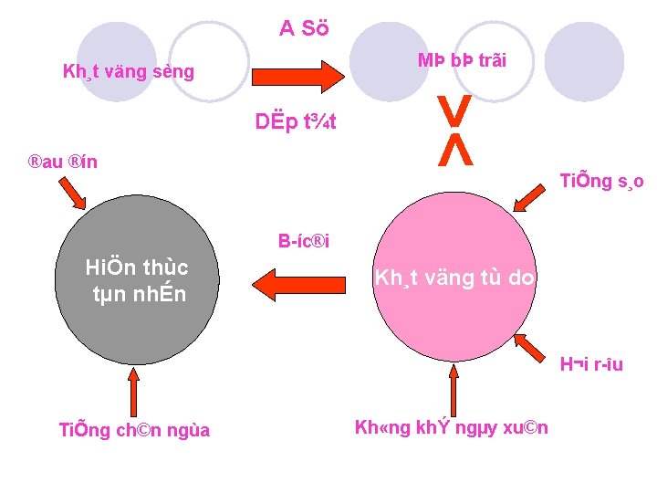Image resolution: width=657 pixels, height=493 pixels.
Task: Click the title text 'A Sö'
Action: [x=304, y=28]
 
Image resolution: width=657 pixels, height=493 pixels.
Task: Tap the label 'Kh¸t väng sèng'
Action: [x=128, y=70]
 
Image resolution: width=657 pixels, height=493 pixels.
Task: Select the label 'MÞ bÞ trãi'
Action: [x=462, y=61]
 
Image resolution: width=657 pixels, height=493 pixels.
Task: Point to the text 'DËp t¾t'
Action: [x=296, y=121]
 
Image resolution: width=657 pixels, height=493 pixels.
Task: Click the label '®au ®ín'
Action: [x=62, y=163]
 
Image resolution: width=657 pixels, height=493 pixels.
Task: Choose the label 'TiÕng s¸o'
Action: [x=601, y=181]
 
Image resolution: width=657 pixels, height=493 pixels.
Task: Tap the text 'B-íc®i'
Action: [x=304, y=242]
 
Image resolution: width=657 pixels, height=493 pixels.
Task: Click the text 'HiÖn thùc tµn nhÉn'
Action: [x=137, y=280]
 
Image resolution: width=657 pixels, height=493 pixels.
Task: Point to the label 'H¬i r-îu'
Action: [x=591, y=365]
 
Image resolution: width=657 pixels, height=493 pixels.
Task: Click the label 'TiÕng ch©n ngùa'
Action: [x=134, y=429]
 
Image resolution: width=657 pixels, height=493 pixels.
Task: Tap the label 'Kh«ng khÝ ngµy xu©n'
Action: [x=451, y=427]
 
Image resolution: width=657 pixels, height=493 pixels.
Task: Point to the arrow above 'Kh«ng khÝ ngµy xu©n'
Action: [x=454, y=388]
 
